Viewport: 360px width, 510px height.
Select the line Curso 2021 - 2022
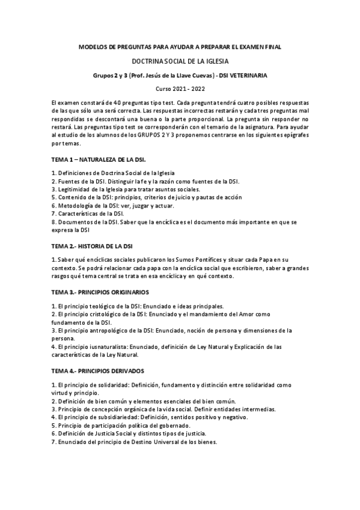tap(180, 88)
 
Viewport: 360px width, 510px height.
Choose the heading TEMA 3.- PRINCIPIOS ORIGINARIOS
tap(100, 292)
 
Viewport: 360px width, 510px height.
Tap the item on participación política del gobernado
tap(120, 425)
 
